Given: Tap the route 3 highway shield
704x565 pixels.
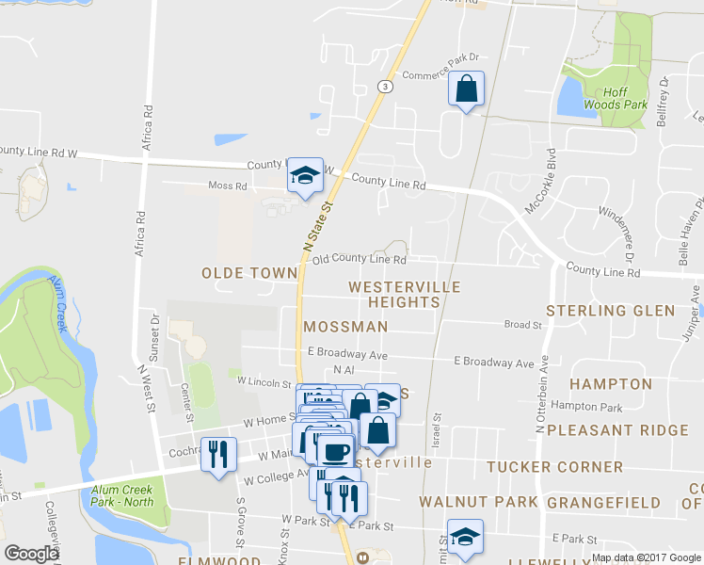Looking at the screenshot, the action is pos(386,86).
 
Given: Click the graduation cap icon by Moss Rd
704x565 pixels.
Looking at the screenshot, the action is pos(305,175).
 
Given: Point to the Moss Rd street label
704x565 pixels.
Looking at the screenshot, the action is pos(228,186).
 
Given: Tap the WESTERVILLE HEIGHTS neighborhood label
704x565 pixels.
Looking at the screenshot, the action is pos(404,294).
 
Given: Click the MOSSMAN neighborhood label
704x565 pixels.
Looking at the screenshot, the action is pos(345,327).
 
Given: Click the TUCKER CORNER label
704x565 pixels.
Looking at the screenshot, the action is pos(554,467).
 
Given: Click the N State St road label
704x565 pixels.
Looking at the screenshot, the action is pos(318,224).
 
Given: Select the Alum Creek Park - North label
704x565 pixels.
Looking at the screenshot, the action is pos(122,495).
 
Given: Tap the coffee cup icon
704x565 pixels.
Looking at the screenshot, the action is pos(334,450).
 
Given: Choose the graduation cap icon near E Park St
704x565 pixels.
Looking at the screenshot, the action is pos(465,537).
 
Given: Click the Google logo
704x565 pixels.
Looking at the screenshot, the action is pos(31,554).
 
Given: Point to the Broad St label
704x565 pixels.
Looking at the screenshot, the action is pos(523,325).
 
